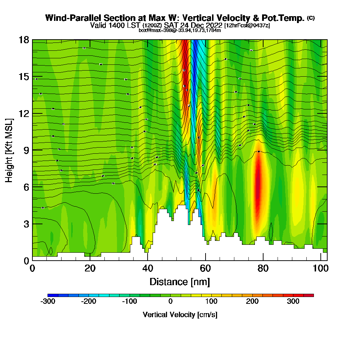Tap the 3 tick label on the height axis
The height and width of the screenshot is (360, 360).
tap(26, 224)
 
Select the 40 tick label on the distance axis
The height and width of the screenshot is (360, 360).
tap(147, 269)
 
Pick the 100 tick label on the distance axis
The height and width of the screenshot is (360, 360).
tap(320, 269)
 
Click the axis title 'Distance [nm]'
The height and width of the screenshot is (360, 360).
tap(180, 282)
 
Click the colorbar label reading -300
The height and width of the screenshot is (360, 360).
tap(48, 301)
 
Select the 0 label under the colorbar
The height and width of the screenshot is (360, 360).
tap(171, 301)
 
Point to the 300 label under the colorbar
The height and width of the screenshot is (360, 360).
tap(293, 301)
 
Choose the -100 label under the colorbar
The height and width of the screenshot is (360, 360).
tap(130, 301)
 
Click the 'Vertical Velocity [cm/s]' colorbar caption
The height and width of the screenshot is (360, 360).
tap(180, 315)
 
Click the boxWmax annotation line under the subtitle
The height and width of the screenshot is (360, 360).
tap(180, 30)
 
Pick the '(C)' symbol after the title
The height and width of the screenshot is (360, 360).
tap(311, 18)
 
